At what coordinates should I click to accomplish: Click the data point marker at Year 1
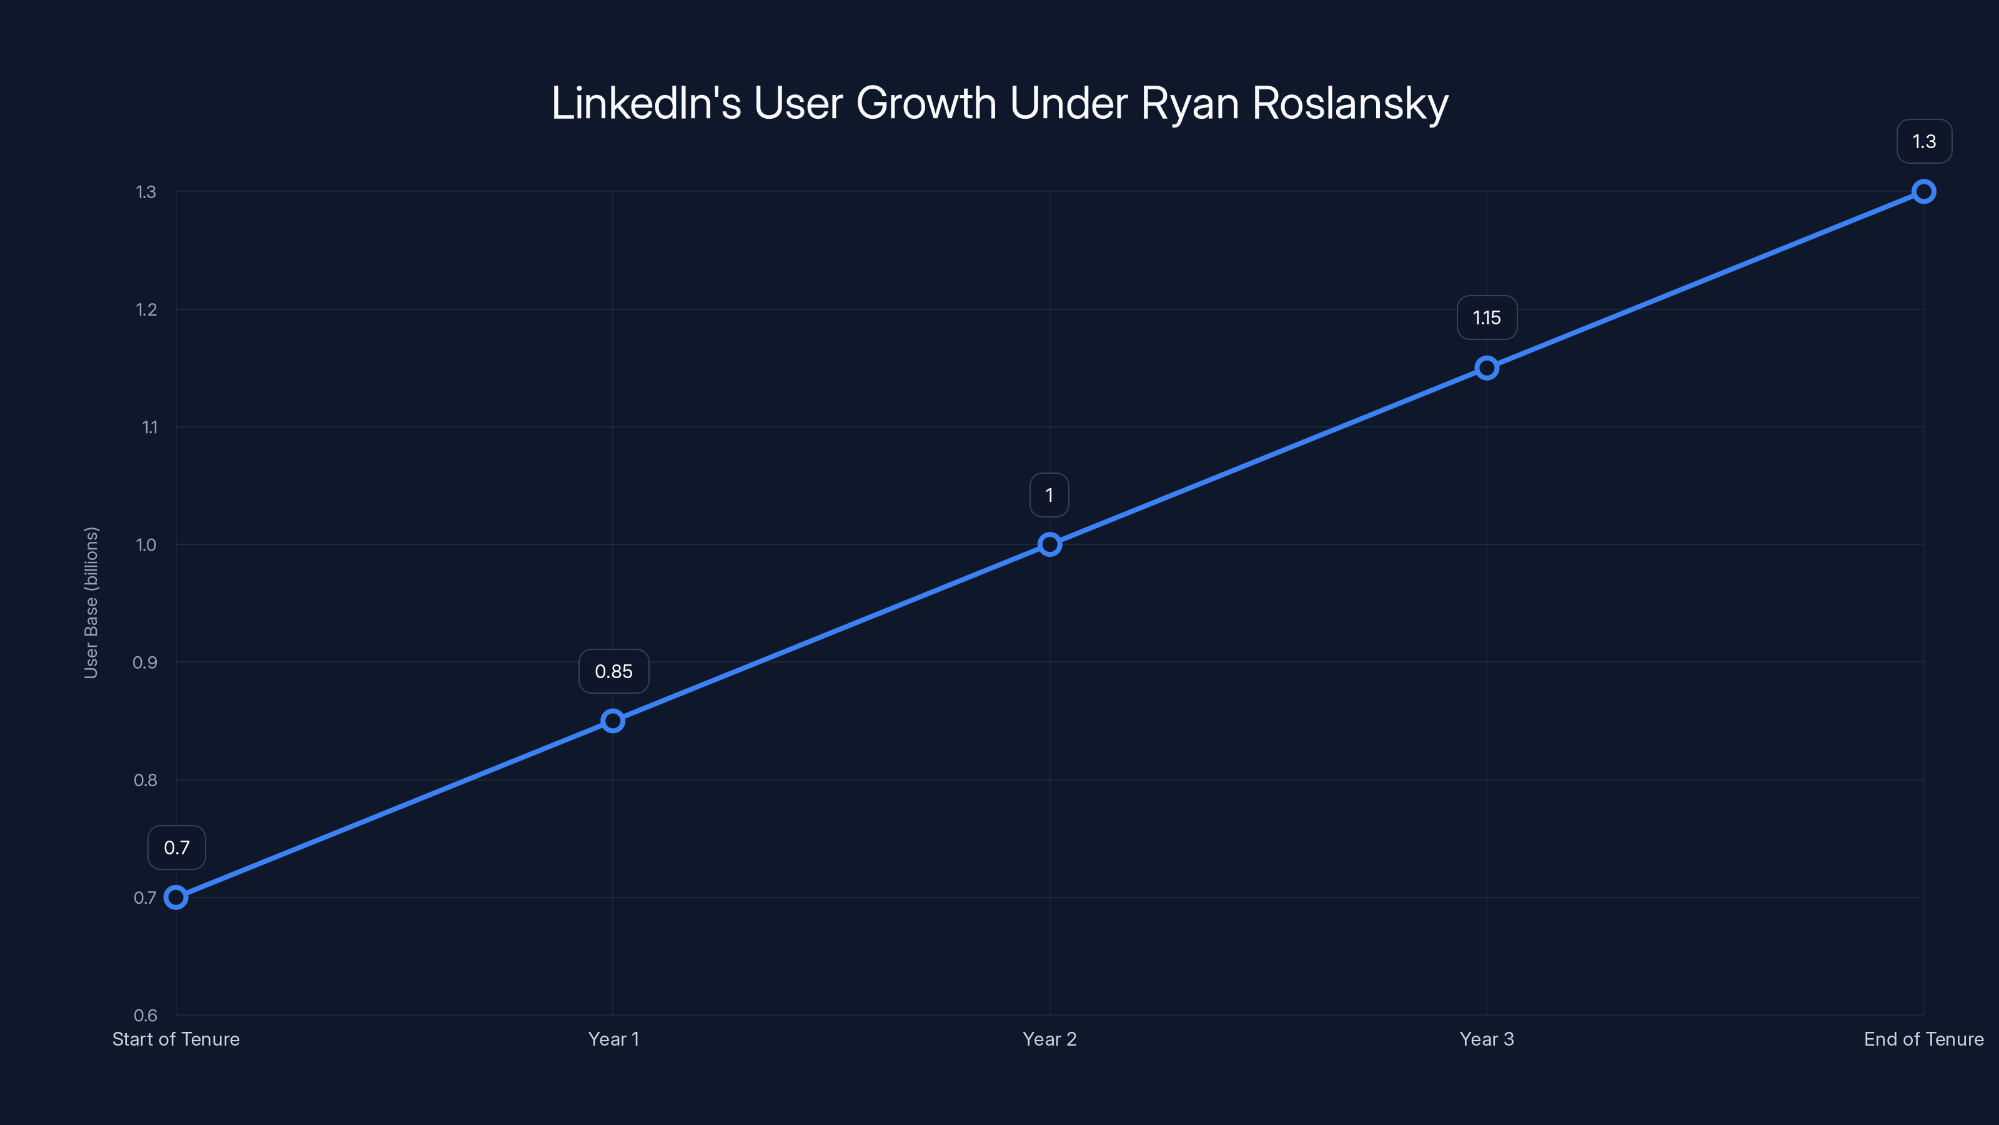click(613, 721)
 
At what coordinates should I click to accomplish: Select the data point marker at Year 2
click(1049, 544)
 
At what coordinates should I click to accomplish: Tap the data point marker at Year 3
click(1487, 368)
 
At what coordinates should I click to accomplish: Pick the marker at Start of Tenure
click(176, 897)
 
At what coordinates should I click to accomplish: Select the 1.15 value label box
click(1487, 317)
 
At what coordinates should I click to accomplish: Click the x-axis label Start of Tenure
click(176, 1039)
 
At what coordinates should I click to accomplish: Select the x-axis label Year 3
click(1487, 1039)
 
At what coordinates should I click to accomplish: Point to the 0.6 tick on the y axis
click(145, 1015)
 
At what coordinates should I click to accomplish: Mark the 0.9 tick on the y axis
click(145, 662)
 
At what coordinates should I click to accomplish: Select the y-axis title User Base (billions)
click(91, 602)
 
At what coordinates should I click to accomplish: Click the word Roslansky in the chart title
click(1350, 103)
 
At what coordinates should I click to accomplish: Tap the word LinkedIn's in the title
click(646, 103)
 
